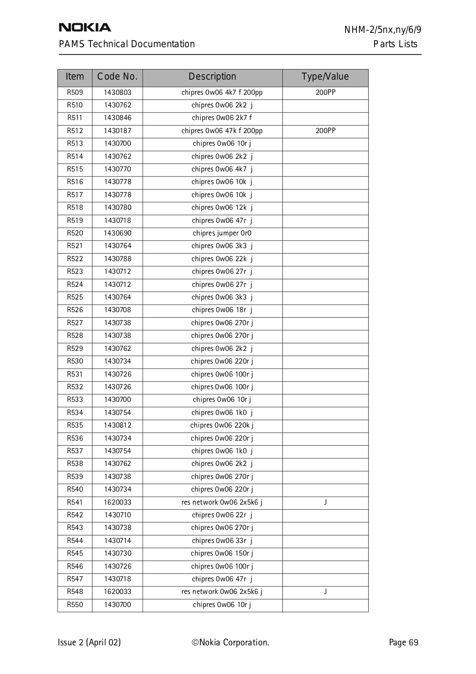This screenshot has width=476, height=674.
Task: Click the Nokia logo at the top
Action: pyautogui.click(x=85, y=27)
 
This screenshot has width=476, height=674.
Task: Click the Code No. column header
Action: pyautogui.click(x=117, y=77)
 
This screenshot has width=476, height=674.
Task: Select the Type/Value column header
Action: pyautogui.click(x=325, y=77)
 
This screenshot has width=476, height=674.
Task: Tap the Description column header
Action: pyautogui.click(x=212, y=77)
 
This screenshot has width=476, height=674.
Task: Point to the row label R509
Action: pyautogui.click(x=75, y=93)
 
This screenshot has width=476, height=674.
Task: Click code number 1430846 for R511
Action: pyautogui.click(x=117, y=118)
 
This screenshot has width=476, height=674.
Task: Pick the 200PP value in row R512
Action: pyautogui.click(x=325, y=131)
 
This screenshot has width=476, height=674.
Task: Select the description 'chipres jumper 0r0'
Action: pyautogui.click(x=222, y=233)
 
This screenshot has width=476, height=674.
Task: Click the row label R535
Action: pyautogui.click(x=75, y=425)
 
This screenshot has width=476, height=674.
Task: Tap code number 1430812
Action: pyautogui.click(x=117, y=425)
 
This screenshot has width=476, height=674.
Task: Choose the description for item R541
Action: pyautogui.click(x=222, y=502)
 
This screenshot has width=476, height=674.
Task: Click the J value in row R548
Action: pyautogui.click(x=325, y=592)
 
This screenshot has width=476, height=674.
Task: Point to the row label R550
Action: pyautogui.click(x=75, y=605)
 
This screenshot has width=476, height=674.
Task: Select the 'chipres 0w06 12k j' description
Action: pyautogui.click(x=222, y=208)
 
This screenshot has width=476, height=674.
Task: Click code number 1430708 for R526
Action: pyautogui.click(x=117, y=310)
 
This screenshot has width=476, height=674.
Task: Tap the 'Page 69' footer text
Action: pyautogui.click(x=404, y=642)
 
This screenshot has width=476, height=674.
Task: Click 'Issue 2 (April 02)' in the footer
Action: pyautogui.click(x=89, y=642)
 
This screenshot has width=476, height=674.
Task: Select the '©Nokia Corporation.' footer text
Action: pyautogui.click(x=230, y=642)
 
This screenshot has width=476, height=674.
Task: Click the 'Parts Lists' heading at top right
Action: pyautogui.click(x=395, y=44)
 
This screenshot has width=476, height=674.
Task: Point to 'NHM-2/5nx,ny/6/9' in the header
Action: pyautogui.click(x=383, y=30)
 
